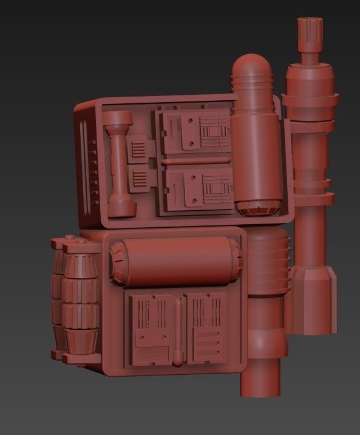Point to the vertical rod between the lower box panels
[178, 334]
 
